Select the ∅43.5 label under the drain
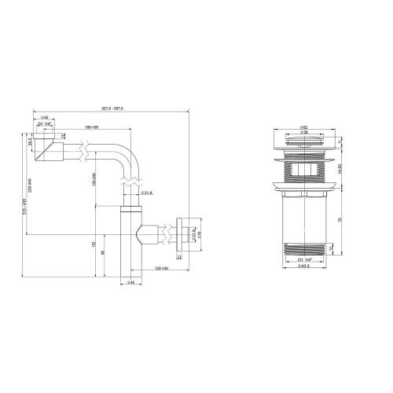click(x=303, y=266)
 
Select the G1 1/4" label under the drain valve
click(x=303, y=259)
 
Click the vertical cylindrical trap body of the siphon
click(x=129, y=244)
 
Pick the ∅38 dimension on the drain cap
click(x=303, y=132)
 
